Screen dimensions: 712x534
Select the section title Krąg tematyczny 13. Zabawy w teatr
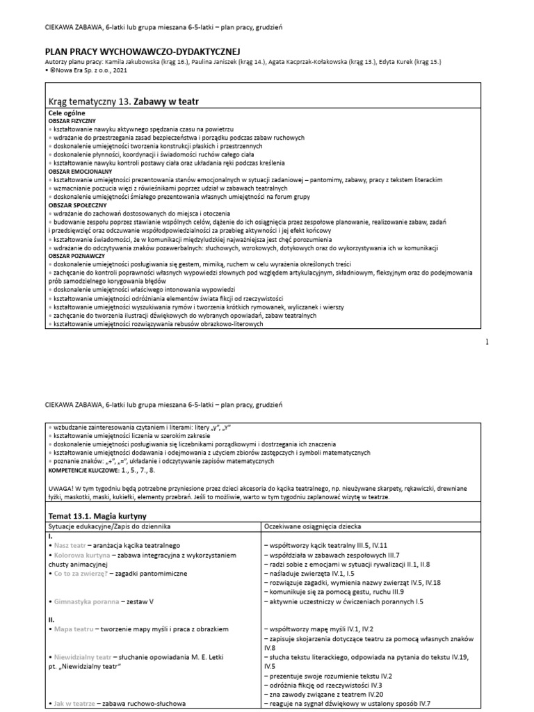click(123, 102)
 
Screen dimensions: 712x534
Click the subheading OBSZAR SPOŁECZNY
click(75, 205)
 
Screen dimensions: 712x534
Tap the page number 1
click(487, 341)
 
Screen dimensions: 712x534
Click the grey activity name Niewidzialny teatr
click(83, 656)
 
